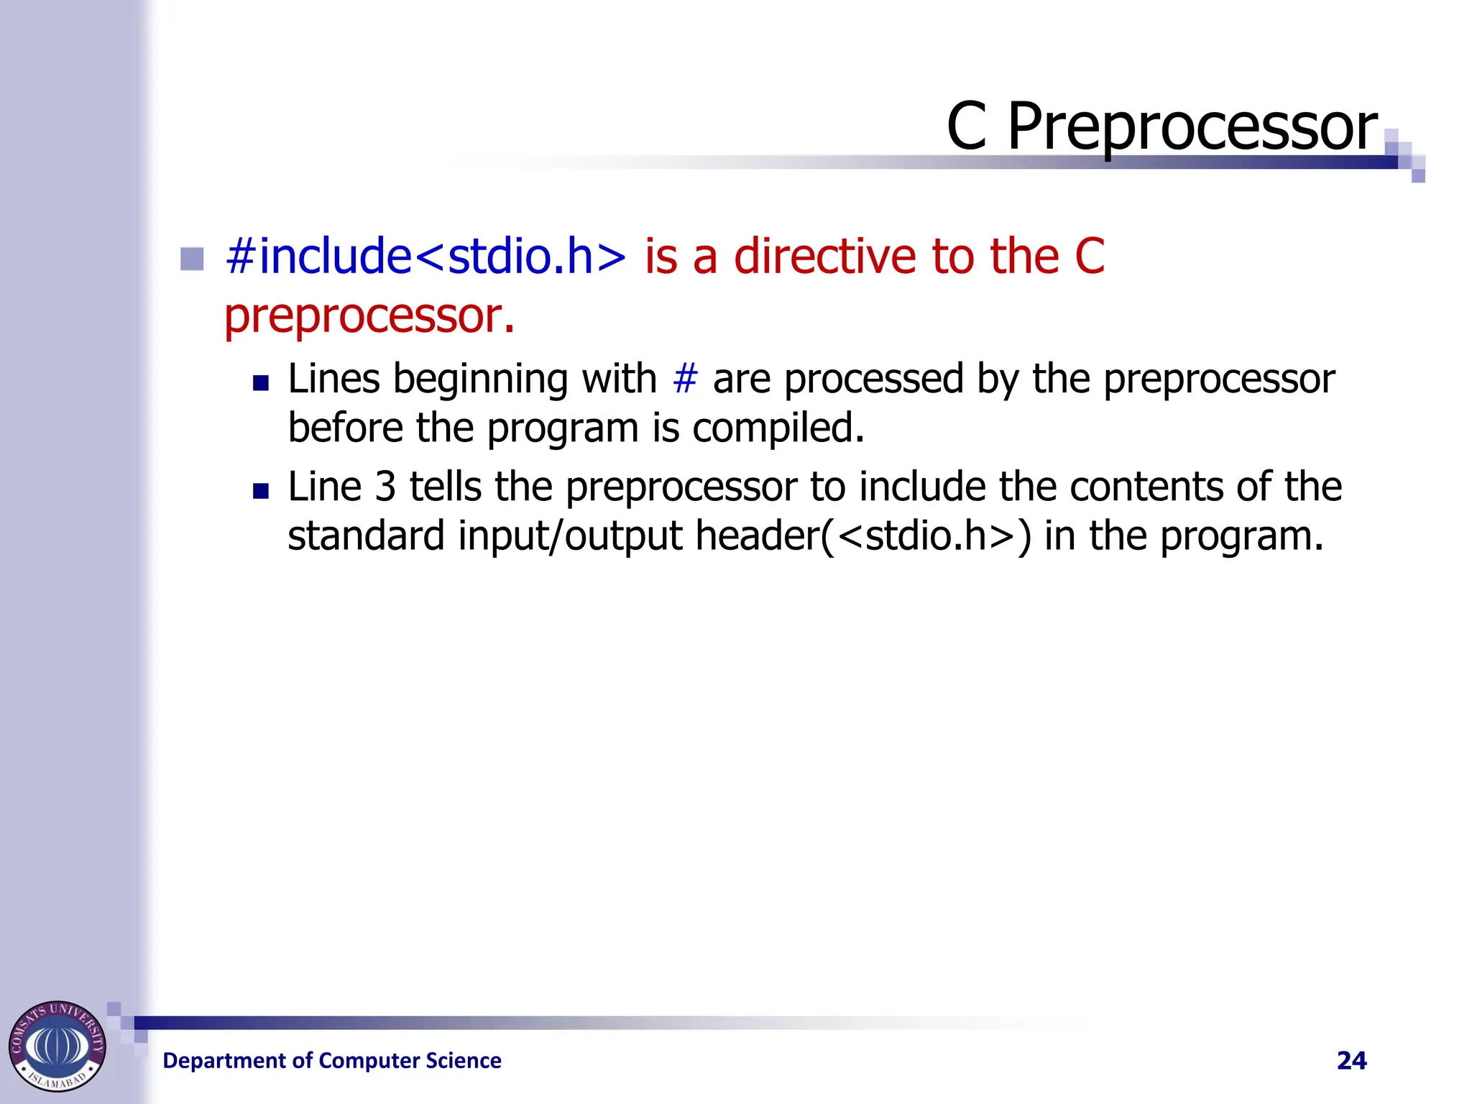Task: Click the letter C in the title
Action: (x=966, y=127)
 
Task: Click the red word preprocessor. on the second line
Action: (x=369, y=316)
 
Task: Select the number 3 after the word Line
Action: (x=385, y=487)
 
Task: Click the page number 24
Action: (x=1351, y=1060)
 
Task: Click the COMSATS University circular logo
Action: (x=57, y=1046)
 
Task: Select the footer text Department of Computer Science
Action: (x=332, y=1060)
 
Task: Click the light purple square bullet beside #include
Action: (x=192, y=259)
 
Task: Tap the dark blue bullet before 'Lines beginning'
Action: (x=261, y=382)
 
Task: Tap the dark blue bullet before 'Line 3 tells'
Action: (x=261, y=491)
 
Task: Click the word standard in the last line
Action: (x=366, y=536)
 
